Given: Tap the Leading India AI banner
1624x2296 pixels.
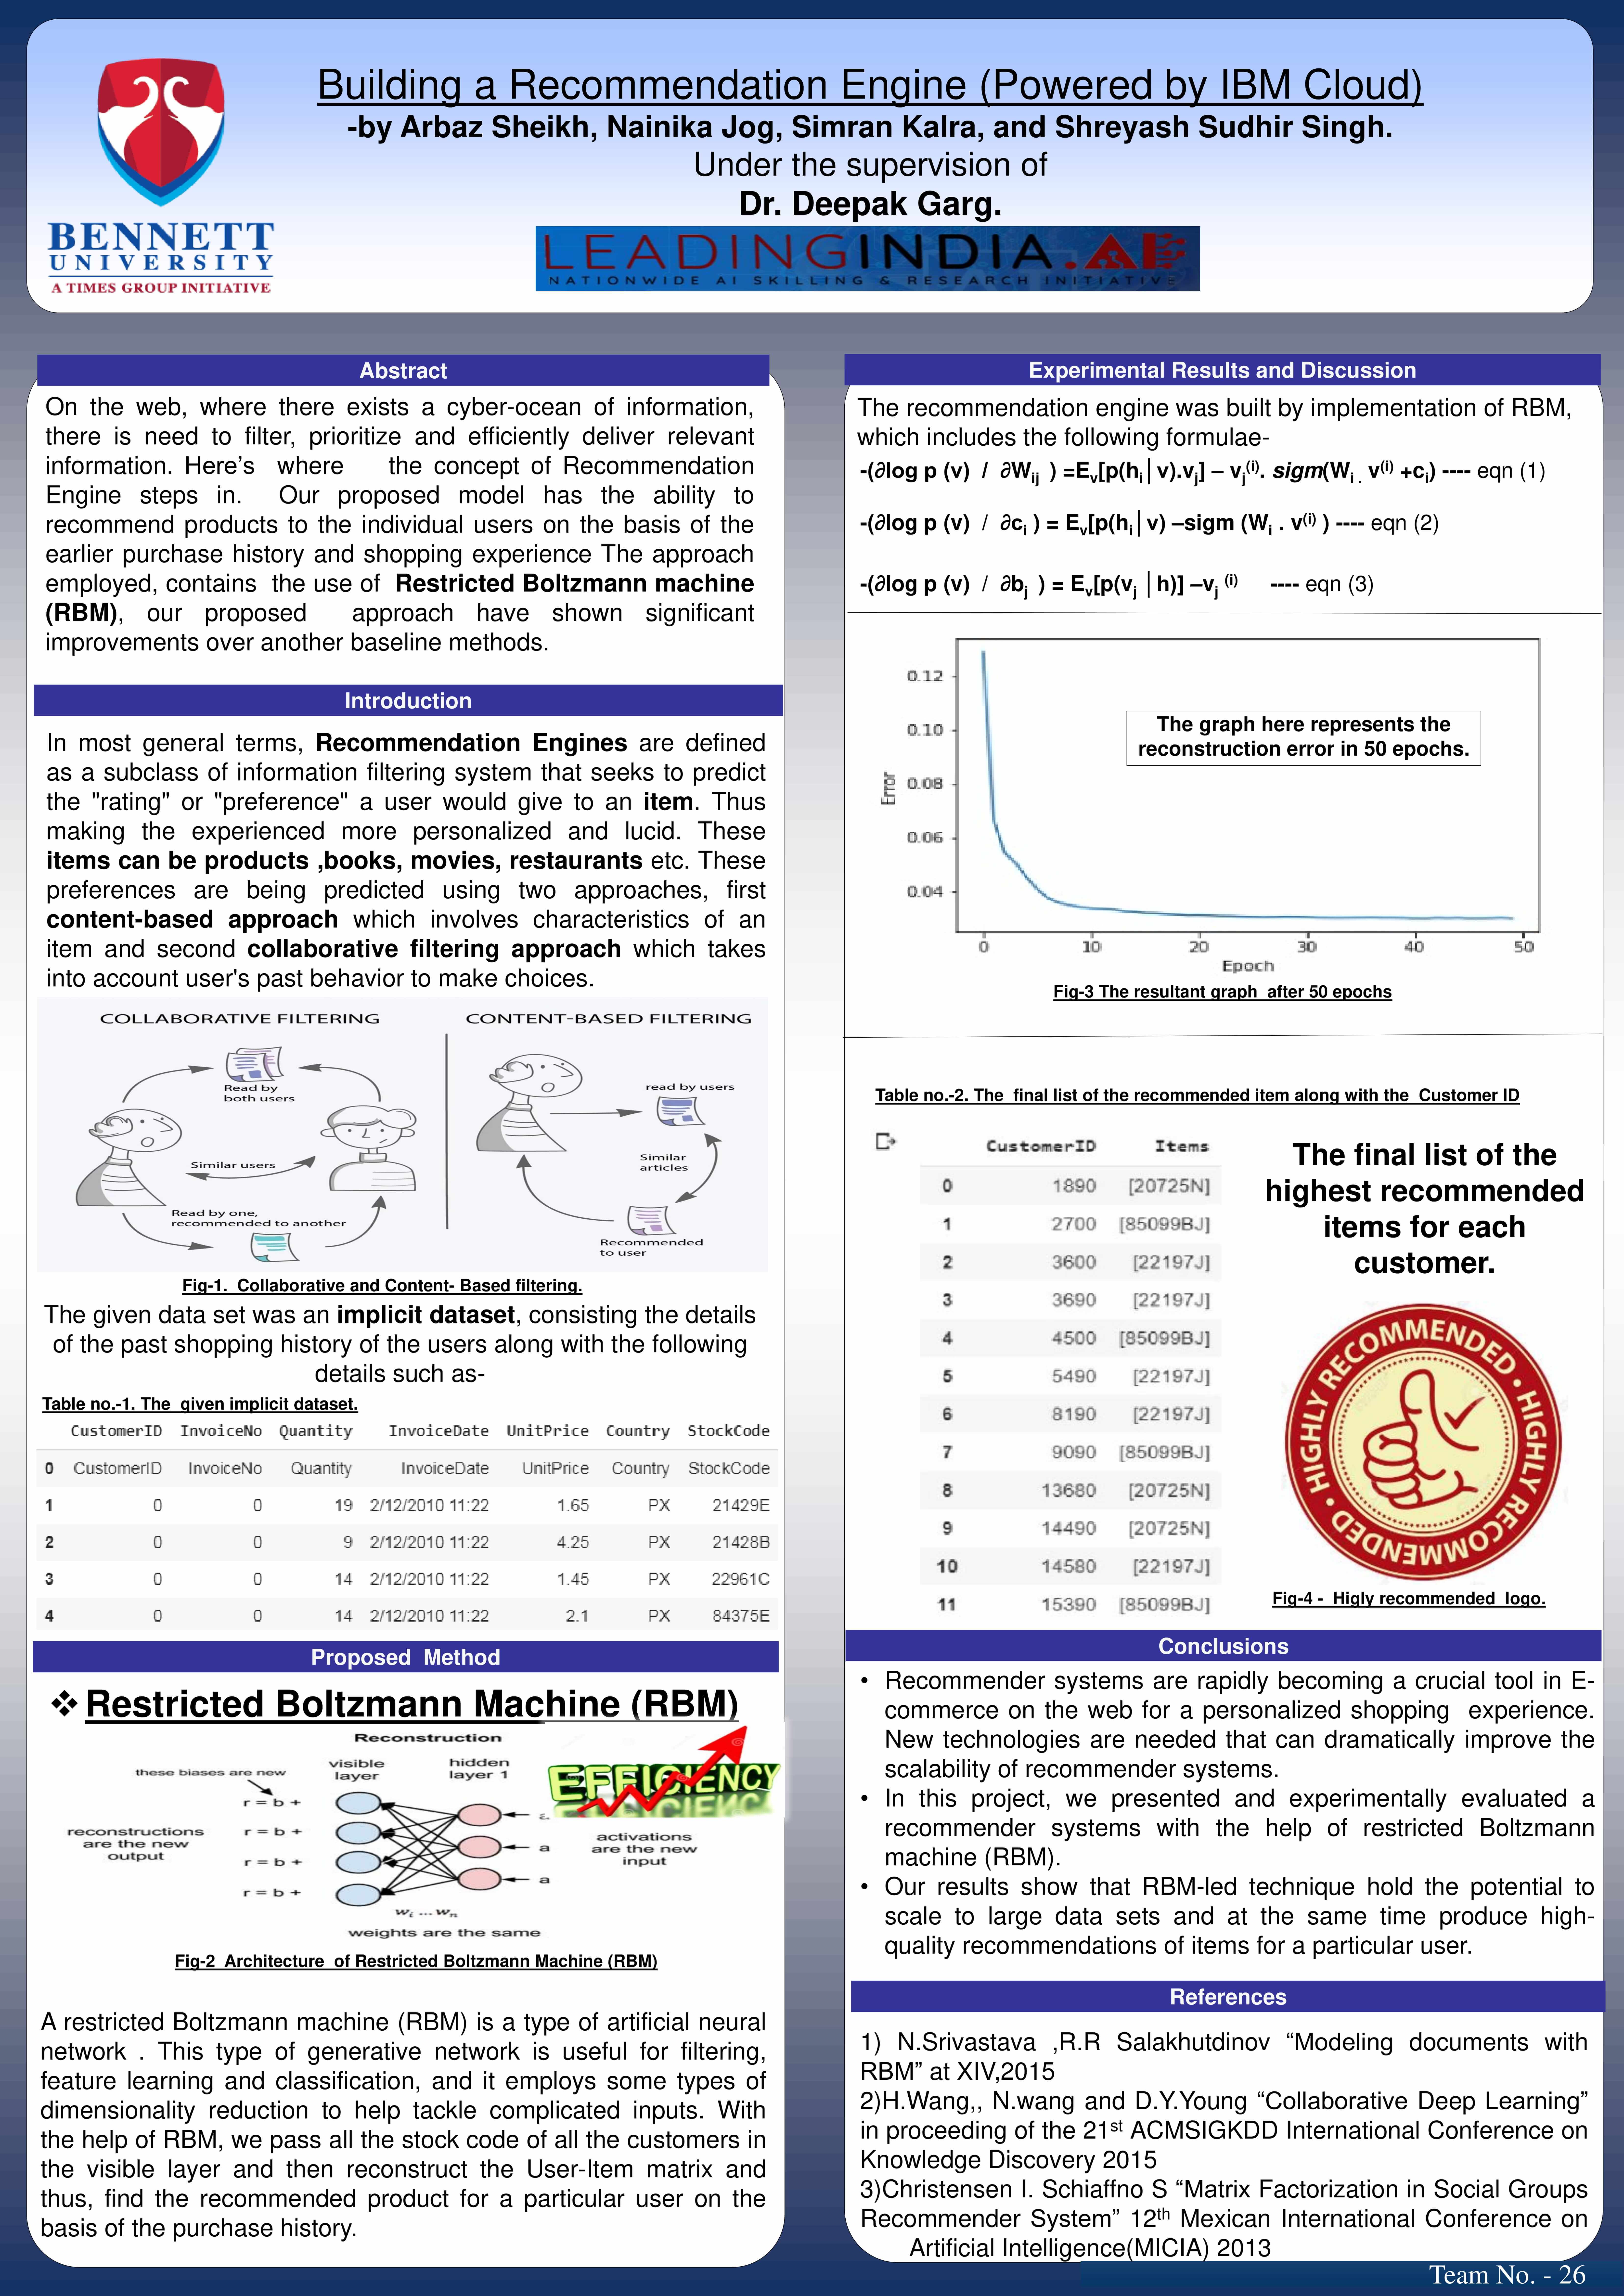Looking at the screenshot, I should pos(867,258).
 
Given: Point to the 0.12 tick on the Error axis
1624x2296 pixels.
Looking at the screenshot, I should pos(925,676).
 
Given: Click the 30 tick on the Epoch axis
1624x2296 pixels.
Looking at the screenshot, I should pos(1306,946).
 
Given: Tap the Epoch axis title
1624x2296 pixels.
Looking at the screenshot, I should pos(1247,966).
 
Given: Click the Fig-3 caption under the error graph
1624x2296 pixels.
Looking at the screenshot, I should pos(1222,992).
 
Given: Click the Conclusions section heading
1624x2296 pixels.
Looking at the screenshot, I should pos(1223,1646).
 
